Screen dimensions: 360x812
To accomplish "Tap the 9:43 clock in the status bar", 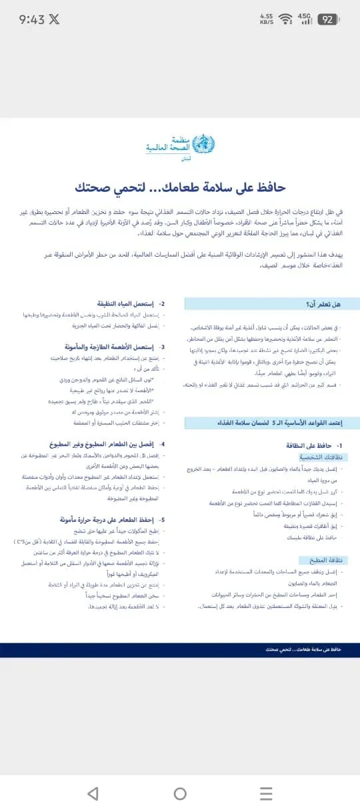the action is click(x=31, y=19).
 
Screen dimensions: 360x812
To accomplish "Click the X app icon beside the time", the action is click(x=54, y=19).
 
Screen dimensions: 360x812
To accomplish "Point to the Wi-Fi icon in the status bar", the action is click(x=286, y=19).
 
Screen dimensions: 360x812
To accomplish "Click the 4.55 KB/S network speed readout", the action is click(x=267, y=19).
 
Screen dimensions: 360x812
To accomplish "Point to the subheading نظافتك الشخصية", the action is click(x=323, y=457).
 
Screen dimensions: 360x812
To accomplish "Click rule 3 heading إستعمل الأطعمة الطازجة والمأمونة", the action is click(x=120, y=347).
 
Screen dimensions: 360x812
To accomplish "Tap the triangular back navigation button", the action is click(x=93, y=793).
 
